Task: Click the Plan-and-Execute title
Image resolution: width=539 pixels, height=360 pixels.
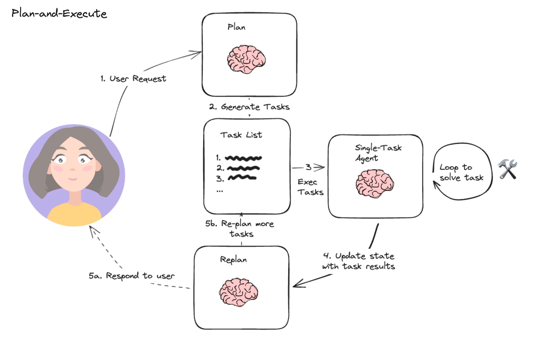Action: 59,14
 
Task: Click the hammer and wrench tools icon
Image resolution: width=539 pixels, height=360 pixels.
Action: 508,169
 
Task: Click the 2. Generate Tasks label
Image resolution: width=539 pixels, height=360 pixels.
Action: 249,107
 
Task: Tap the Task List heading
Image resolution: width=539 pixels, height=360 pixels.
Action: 241,135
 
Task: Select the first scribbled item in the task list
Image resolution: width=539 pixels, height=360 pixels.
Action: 243,158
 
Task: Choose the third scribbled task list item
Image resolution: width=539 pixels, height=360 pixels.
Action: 242,177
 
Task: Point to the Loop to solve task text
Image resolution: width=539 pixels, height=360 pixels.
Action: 462,172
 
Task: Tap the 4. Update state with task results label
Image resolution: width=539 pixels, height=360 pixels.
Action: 358,261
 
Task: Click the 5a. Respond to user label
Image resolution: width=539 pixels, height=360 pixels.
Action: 132,276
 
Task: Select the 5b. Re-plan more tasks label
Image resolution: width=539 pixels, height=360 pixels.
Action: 241,229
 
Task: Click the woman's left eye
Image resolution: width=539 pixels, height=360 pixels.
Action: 62,160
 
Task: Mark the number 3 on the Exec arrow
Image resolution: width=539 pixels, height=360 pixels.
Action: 308,167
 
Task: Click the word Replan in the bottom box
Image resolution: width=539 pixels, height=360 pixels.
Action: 233,260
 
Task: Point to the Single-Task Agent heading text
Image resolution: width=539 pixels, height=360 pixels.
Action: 378,153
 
